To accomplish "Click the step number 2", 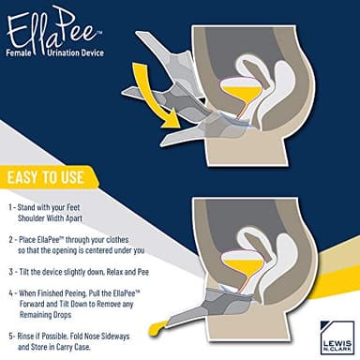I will [x=9, y=240].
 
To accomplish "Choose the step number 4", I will [x=9, y=293].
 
